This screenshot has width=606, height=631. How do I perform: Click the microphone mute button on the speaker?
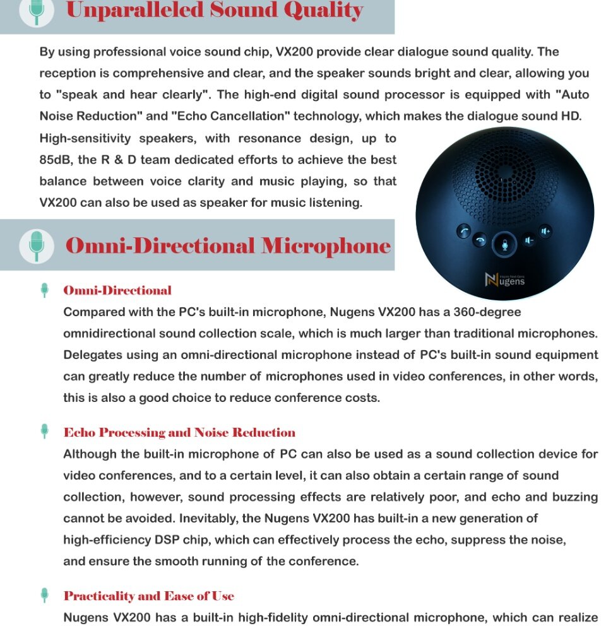click(x=504, y=242)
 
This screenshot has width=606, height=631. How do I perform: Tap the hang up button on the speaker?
click(x=481, y=240)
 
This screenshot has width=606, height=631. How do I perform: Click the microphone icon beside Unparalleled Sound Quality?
click(x=36, y=11)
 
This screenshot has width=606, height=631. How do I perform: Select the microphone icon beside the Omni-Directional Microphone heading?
click(x=36, y=245)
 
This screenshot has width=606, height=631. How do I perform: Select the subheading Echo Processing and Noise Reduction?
click(x=179, y=433)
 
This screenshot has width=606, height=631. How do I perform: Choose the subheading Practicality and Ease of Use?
click(x=148, y=596)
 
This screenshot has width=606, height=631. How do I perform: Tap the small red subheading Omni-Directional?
click(x=117, y=291)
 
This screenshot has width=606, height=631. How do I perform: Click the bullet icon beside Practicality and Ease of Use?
click(x=44, y=595)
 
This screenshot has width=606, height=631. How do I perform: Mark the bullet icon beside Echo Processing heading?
click(x=44, y=432)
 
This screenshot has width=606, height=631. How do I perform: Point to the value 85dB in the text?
click(x=56, y=160)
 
